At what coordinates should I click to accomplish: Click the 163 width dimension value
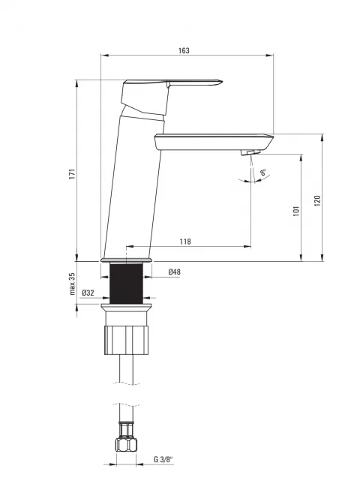pos(184,50)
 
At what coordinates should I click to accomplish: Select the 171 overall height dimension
pos(73,174)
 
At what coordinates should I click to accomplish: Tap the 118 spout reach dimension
pos(185,242)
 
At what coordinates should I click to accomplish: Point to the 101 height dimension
pos(296,211)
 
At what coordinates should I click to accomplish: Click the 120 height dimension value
pos(317,200)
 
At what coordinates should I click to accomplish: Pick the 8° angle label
pos(263,173)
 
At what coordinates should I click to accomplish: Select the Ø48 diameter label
pos(174,272)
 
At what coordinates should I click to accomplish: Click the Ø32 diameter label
pos(88,293)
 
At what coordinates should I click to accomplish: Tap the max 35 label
pos(73,284)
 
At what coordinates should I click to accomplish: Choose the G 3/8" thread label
pos(163,459)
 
